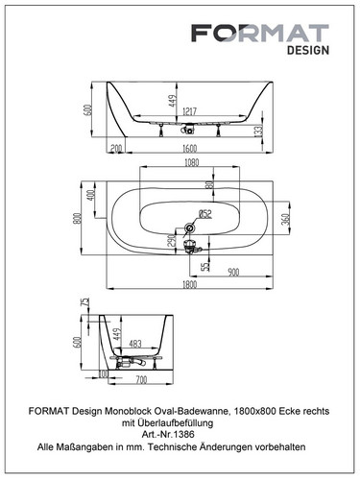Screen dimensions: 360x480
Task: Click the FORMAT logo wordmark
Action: [x=260, y=33]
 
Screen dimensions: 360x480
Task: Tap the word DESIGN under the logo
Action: [x=308, y=50]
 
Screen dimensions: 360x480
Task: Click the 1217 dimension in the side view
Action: [x=189, y=111]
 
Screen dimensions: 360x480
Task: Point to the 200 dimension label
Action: [x=116, y=148]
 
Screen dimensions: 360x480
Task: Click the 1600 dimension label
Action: [x=189, y=148]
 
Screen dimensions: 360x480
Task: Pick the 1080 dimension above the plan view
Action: [x=191, y=162]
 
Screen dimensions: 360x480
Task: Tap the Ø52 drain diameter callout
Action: [x=205, y=213]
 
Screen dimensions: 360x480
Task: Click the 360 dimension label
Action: [x=286, y=219]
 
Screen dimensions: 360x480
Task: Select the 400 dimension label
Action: [x=91, y=195]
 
